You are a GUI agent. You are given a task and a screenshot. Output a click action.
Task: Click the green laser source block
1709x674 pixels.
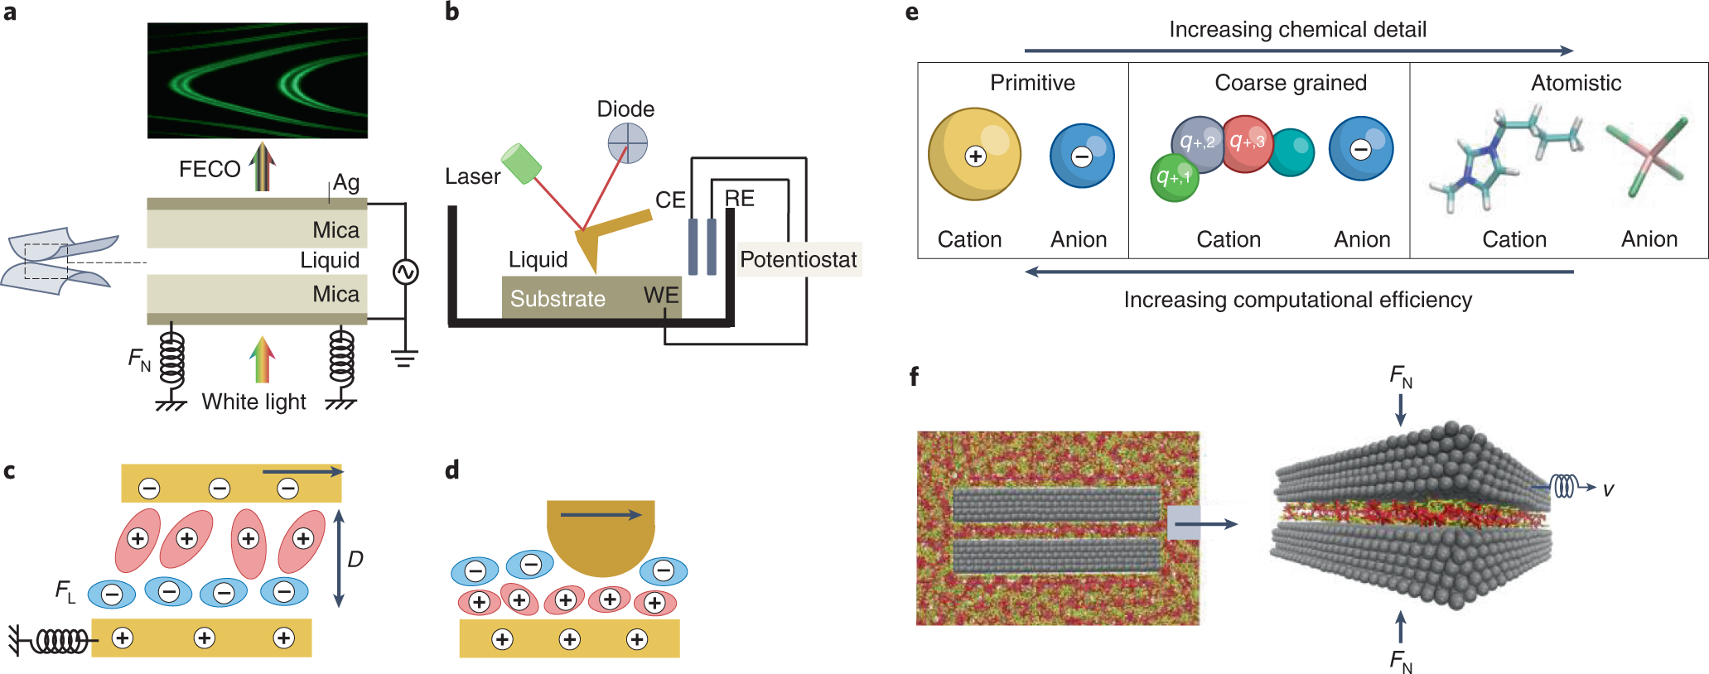[521, 164]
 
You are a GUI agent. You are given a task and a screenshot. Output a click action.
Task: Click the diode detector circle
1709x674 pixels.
[627, 143]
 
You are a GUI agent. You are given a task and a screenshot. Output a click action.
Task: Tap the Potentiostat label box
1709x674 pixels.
[799, 259]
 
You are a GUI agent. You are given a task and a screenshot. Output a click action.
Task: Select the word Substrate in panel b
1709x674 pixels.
[558, 299]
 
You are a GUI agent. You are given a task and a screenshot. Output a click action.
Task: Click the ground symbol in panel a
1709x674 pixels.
[404, 358]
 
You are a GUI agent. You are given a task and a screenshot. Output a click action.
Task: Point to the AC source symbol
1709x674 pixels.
[405, 272]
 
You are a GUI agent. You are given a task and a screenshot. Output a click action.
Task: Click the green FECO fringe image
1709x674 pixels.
[258, 80]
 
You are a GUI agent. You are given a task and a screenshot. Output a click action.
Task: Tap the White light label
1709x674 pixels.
[253, 402]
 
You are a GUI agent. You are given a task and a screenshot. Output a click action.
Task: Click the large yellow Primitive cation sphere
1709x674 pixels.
[974, 155]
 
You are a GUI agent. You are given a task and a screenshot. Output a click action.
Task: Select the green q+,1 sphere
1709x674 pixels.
[1175, 177]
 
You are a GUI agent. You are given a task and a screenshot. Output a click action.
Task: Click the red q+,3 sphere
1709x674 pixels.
[1247, 143]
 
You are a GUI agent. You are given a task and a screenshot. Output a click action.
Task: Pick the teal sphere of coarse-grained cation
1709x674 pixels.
[1291, 152]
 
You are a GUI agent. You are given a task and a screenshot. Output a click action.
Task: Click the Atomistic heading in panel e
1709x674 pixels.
[1576, 83]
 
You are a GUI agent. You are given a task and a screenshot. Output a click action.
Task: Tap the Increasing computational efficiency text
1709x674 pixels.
[1297, 300]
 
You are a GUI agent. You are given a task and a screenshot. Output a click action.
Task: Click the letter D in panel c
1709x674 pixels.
[355, 560]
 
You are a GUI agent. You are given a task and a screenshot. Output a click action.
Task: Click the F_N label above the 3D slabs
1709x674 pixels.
[1401, 378]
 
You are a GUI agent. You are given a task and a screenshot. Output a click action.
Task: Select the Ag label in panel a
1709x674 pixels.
[346, 182]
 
